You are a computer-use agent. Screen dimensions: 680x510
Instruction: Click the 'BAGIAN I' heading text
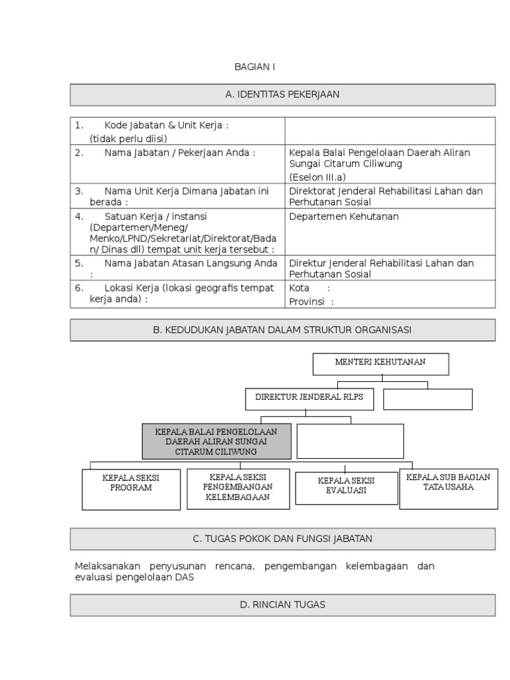(254, 67)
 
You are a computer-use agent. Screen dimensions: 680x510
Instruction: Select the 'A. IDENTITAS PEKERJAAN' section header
(282, 95)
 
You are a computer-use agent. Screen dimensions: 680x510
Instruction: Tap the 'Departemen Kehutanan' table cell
(344, 216)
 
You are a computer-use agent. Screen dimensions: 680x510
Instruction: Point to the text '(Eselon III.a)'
(317, 177)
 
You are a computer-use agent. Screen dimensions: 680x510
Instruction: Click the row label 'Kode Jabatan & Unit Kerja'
(166, 126)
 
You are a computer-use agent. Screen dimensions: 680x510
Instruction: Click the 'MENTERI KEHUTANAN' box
(381, 363)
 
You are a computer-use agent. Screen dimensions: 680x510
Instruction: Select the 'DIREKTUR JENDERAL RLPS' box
(309, 399)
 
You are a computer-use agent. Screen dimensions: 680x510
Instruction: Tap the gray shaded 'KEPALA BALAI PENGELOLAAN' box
(216, 441)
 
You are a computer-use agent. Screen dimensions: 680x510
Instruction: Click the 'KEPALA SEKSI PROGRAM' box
(131, 489)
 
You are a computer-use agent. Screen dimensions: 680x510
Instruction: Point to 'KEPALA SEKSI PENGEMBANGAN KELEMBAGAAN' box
(238, 488)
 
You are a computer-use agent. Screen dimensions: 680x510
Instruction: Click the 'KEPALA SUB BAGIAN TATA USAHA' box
(448, 488)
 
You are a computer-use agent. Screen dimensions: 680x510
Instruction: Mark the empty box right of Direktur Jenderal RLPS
(428, 399)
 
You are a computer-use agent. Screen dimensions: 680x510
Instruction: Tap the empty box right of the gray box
(349, 440)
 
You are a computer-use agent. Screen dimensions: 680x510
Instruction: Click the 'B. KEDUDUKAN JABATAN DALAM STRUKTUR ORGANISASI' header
(282, 330)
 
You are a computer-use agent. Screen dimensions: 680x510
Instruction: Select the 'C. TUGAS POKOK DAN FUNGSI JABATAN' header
(282, 539)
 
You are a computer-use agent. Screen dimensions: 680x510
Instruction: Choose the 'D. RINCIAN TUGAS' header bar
(282, 605)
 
